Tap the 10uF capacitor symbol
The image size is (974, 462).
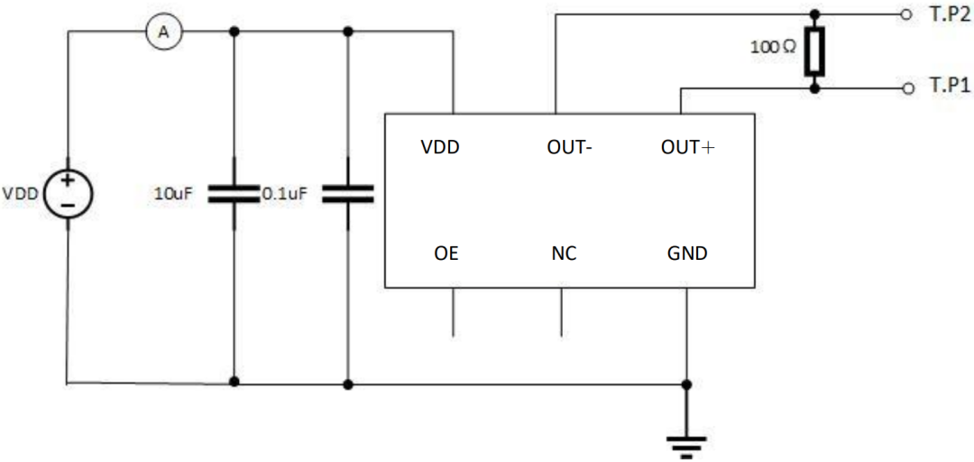click(234, 193)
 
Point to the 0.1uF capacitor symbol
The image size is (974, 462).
click(348, 193)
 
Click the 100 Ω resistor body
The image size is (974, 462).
click(815, 51)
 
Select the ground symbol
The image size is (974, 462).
click(685, 447)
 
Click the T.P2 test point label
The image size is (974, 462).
click(947, 15)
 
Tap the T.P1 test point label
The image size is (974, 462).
click(947, 88)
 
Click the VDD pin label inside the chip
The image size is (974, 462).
click(440, 148)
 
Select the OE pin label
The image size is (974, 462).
click(446, 254)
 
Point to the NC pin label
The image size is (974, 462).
click(563, 254)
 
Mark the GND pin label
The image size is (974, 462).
click(687, 254)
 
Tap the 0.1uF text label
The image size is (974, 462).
click(285, 194)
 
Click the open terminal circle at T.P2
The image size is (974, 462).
click(908, 15)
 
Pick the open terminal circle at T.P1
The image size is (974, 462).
click(908, 89)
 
